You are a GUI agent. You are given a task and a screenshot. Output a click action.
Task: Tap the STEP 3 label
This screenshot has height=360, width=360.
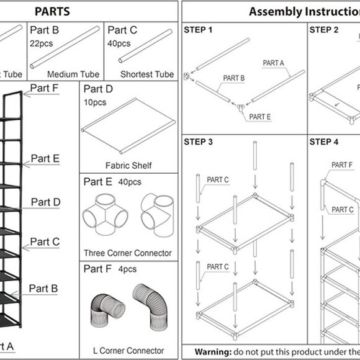click(198, 142)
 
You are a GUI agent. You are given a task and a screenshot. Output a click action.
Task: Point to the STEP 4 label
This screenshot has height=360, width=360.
click(324, 142)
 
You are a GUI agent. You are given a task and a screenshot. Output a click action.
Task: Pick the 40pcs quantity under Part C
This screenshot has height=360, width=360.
click(119, 43)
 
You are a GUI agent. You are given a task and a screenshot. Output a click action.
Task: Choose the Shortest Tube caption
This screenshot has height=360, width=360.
click(146, 74)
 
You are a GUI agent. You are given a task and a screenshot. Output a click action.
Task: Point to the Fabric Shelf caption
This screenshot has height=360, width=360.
click(128, 166)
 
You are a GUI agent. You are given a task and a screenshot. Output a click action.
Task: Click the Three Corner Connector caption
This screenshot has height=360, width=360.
click(128, 253)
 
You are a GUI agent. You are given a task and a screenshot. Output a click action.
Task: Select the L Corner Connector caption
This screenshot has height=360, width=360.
click(128, 351)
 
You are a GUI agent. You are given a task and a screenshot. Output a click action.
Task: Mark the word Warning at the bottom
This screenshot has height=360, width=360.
click(214, 351)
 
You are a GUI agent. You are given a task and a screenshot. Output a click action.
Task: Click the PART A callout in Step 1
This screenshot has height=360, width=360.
click(274, 63)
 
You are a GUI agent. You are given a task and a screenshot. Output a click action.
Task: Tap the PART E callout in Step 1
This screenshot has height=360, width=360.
click(259, 116)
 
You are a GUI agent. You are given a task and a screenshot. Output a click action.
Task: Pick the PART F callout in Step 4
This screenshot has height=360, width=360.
click(342, 164)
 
